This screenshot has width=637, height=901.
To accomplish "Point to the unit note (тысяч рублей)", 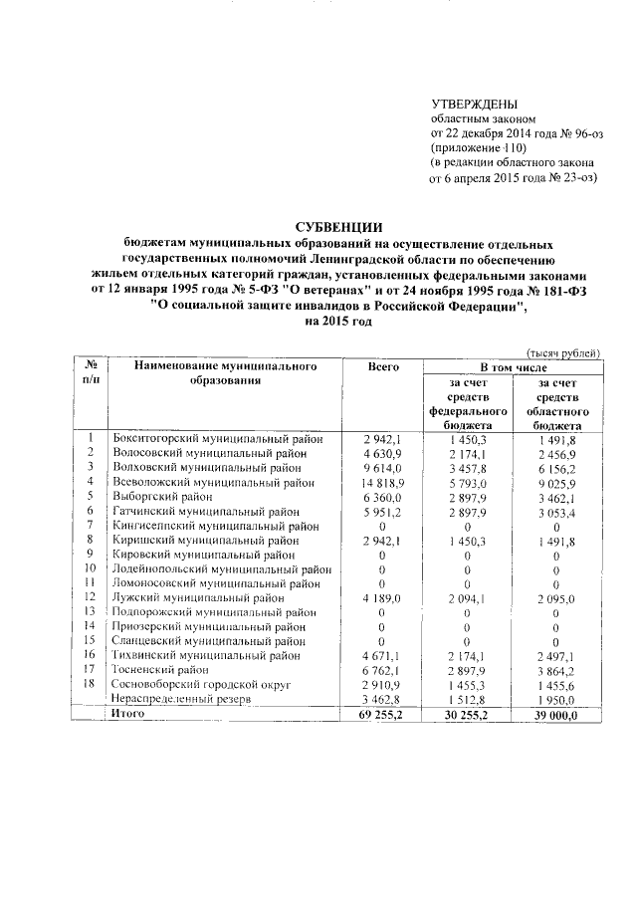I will tap(563, 351).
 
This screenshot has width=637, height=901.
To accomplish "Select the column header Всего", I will tap(382, 367).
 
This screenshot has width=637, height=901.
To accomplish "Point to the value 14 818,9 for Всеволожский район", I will tap(382, 481).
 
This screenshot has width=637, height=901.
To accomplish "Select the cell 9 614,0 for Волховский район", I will tap(382, 466).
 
